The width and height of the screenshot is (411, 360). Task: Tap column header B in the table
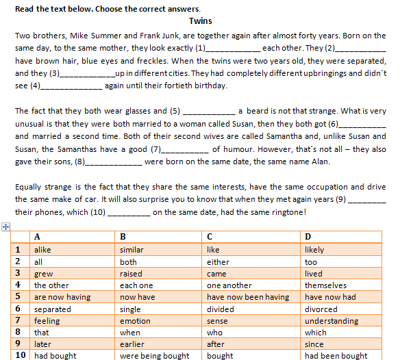(x=123, y=237)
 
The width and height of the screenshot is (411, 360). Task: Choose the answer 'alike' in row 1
(x=42, y=250)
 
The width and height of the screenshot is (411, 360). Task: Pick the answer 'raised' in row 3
(x=130, y=274)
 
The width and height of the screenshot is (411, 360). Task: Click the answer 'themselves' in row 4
(x=325, y=285)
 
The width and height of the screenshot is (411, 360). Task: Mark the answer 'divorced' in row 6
(x=321, y=309)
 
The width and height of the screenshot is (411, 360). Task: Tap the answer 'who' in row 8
(x=214, y=333)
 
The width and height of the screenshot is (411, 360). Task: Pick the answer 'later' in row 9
(x=42, y=344)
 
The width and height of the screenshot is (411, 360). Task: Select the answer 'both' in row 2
(x=128, y=262)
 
